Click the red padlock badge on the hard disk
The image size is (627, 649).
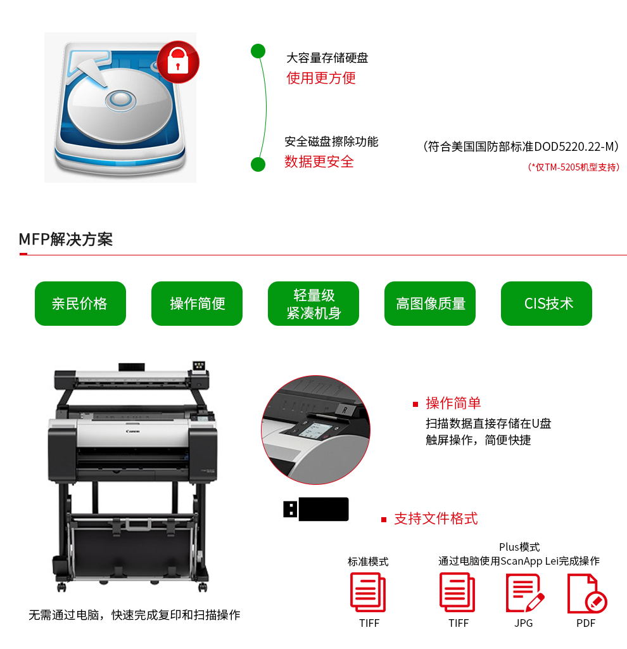(178, 61)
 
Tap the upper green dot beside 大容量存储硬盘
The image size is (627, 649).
(258, 51)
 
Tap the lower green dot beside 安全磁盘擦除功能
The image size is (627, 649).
(258, 164)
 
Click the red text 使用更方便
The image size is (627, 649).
(321, 78)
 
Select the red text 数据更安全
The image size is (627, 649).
(319, 162)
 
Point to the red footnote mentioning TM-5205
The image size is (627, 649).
(573, 167)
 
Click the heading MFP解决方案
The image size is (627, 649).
(66, 239)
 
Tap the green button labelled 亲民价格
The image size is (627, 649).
(80, 304)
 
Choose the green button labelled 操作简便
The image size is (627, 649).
(197, 304)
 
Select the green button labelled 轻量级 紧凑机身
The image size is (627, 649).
(313, 304)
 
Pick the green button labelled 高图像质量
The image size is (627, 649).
(430, 304)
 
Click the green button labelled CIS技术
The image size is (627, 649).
(547, 304)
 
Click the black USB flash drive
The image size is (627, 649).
(316, 509)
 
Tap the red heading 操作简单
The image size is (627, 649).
(453, 403)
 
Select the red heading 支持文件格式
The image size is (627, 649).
(436, 518)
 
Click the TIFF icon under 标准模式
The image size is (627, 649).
(368, 593)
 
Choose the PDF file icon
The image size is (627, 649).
(587, 593)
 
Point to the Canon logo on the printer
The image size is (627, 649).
(133, 431)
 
